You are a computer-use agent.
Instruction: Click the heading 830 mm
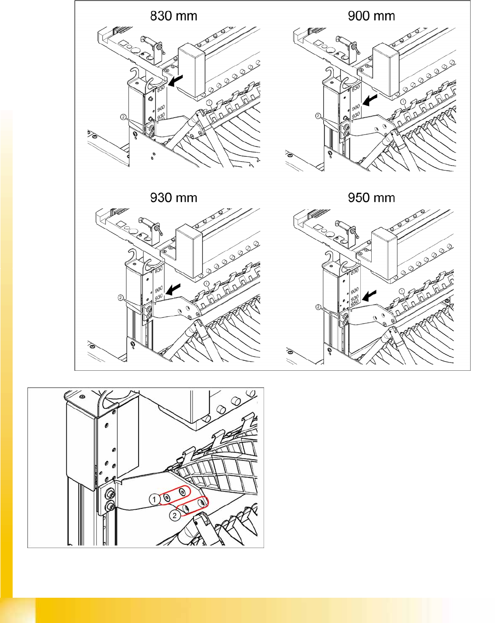(x=173, y=16)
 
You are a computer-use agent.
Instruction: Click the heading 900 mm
(x=371, y=16)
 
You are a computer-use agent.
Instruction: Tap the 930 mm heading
(x=173, y=198)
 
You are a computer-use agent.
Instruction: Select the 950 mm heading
(x=371, y=198)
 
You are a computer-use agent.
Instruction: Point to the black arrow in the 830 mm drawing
(x=176, y=81)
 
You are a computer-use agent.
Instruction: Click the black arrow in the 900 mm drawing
(x=370, y=100)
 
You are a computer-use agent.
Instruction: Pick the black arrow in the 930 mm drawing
(x=173, y=289)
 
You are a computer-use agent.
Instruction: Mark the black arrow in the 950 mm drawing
(x=370, y=296)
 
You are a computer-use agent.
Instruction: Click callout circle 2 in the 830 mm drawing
(x=123, y=117)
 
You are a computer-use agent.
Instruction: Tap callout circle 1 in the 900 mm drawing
(x=403, y=102)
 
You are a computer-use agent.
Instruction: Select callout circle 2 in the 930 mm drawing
(x=121, y=298)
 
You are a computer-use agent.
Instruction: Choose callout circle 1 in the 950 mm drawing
(x=401, y=291)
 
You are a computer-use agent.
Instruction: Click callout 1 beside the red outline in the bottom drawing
(x=154, y=499)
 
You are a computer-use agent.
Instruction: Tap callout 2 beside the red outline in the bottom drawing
(x=175, y=515)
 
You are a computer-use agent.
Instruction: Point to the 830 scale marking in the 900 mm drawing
(x=356, y=88)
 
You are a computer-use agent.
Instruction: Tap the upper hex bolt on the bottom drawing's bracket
(x=110, y=492)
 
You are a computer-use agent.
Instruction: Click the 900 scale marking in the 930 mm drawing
(x=159, y=289)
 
